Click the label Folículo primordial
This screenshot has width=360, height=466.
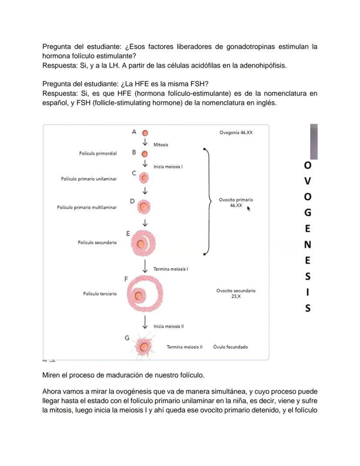(98, 154)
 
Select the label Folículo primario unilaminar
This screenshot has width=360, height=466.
(89, 179)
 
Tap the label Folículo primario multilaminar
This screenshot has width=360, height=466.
(87, 208)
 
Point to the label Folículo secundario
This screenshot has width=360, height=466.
(97, 242)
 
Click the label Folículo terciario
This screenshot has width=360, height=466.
(100, 294)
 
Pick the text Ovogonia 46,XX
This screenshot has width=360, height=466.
(236, 132)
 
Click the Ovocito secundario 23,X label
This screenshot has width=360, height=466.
(236, 293)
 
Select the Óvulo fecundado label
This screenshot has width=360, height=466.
(230, 347)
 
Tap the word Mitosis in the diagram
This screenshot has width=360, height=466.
(161, 145)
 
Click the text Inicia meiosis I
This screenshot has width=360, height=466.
(168, 167)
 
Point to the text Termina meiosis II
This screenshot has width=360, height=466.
(184, 347)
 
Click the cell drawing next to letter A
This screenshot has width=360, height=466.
(145, 133)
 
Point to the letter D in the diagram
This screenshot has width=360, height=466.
(132, 201)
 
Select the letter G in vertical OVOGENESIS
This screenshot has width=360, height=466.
(307, 213)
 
